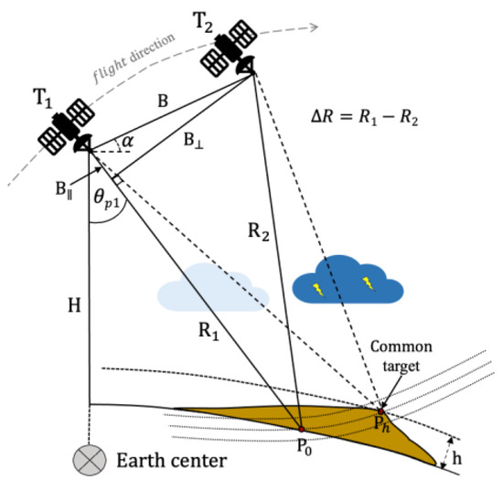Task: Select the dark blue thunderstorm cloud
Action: [348, 278]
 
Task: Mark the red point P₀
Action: [300, 428]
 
